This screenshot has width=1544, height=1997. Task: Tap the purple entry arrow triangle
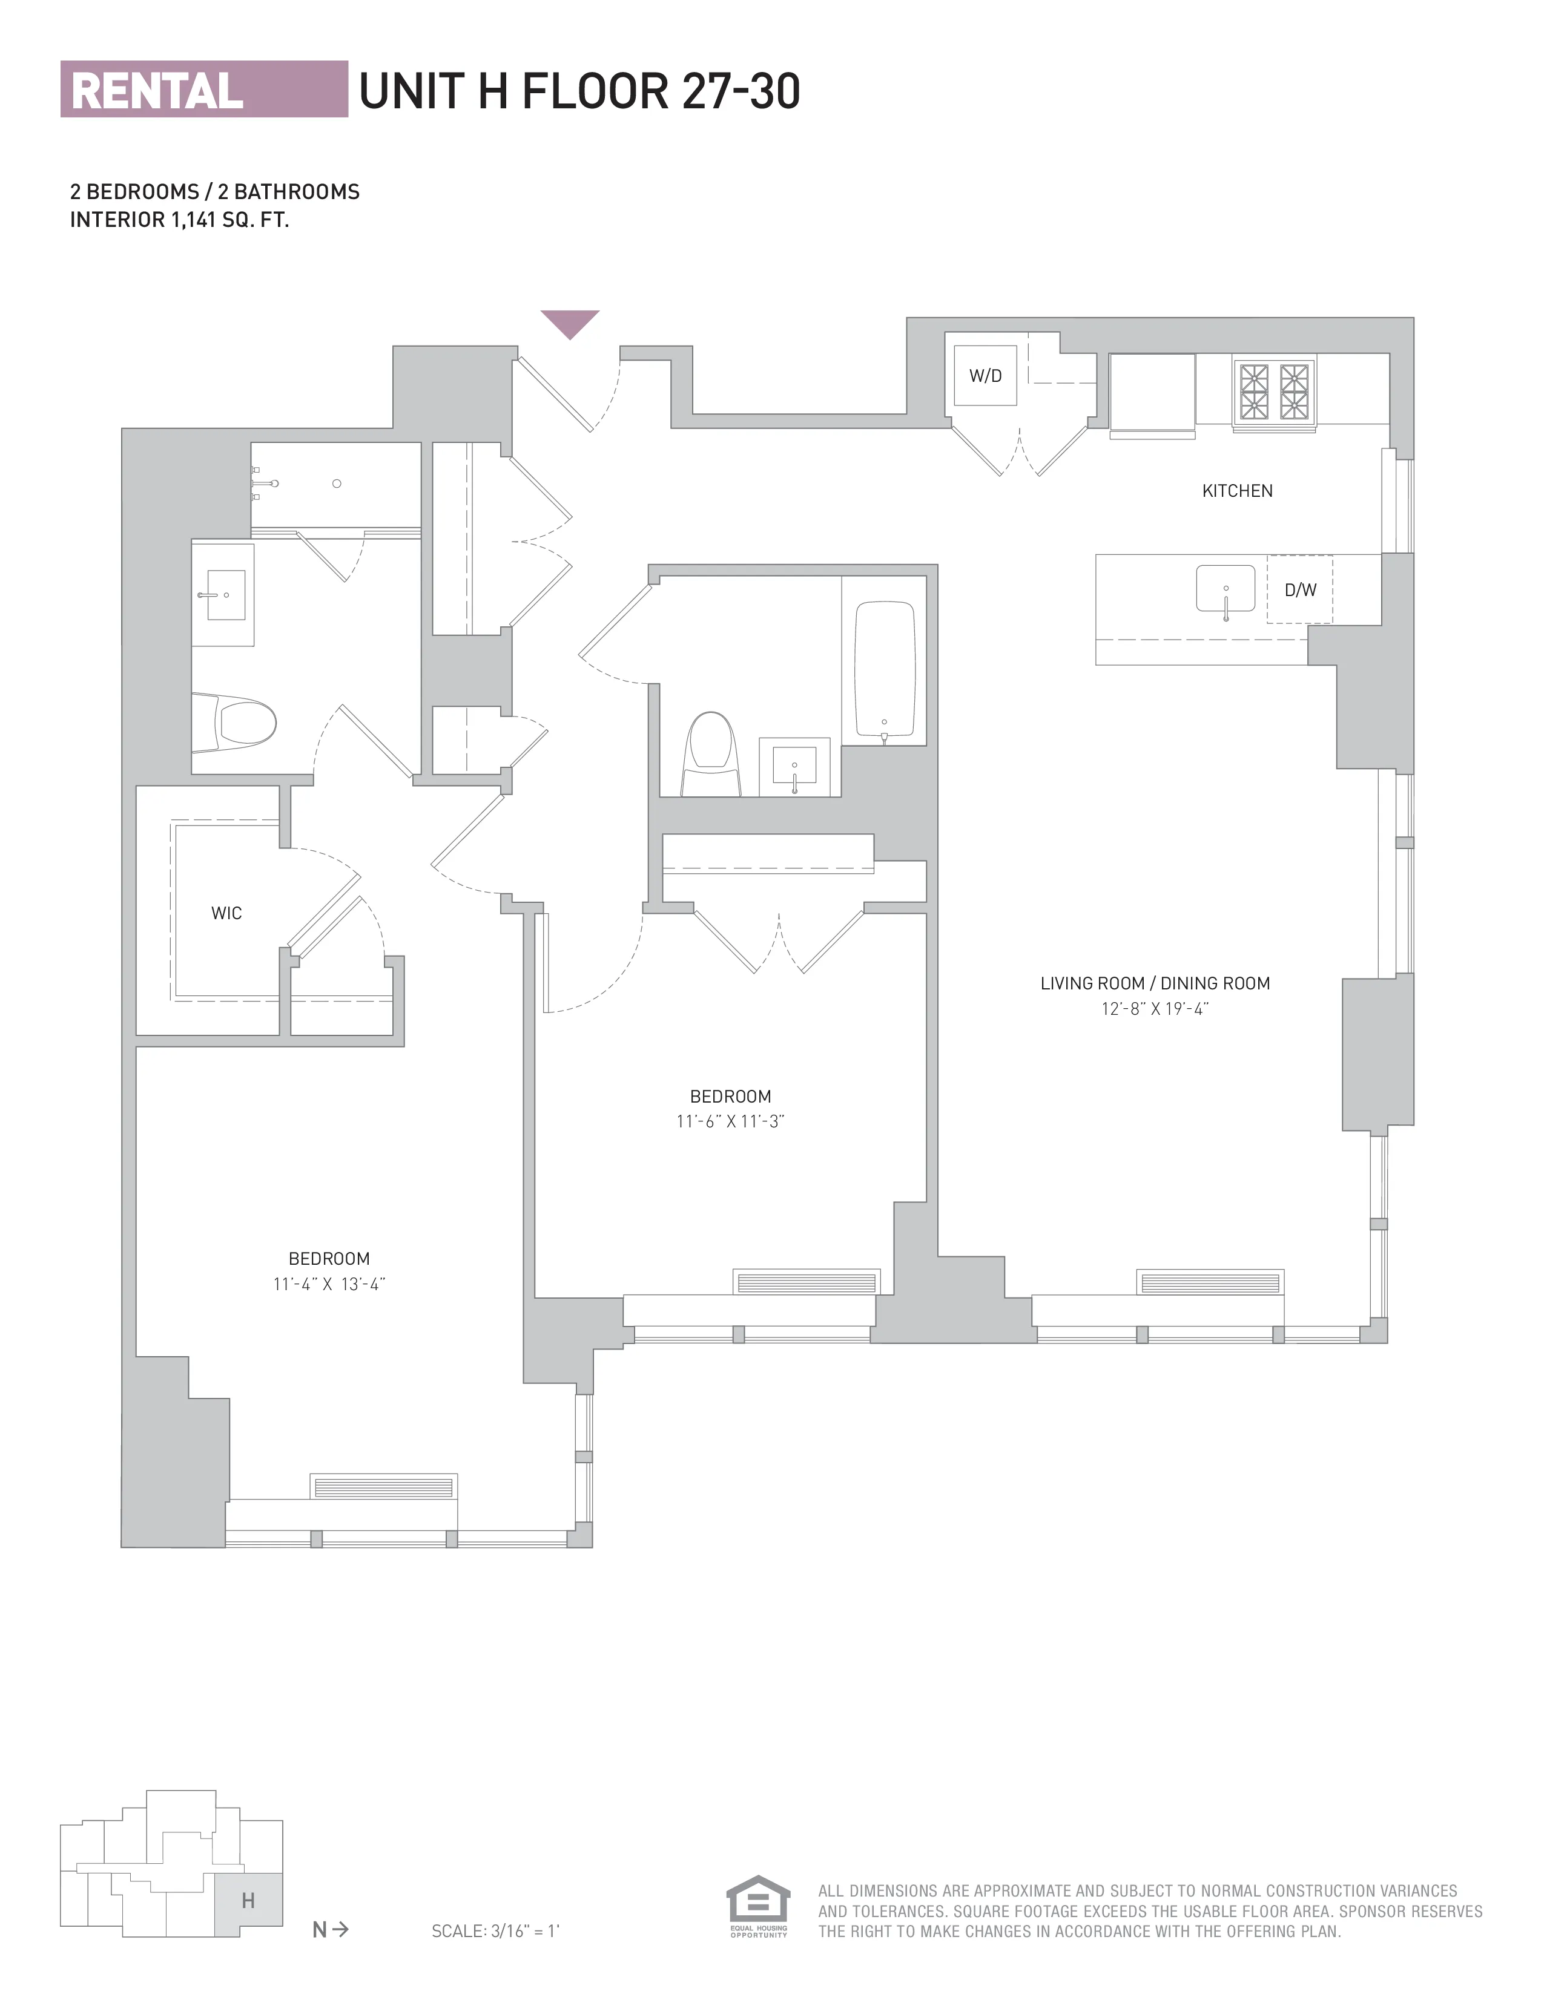pos(569,322)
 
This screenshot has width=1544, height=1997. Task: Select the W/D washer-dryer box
pos(985,376)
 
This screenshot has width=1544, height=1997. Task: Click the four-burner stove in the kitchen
pos(1274,392)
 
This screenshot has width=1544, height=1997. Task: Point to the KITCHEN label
pos(1236,491)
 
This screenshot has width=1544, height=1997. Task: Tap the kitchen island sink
pos(1225,589)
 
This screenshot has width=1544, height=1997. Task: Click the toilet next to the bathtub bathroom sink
pos(711,755)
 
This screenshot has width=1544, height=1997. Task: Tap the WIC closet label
pos(226,913)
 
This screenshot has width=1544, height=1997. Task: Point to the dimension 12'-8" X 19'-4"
pos(1154,1009)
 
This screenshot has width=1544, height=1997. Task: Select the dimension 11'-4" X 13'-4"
pos(328,1284)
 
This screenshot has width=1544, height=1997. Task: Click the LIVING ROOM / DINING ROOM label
pos(1154,984)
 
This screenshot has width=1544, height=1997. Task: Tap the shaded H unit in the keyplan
pos(248,1901)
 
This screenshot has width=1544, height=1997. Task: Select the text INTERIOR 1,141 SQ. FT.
pos(179,220)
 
